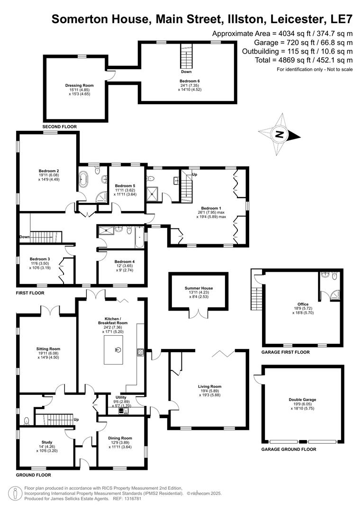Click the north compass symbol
[x=280, y=134]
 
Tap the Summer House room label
[x=199, y=288]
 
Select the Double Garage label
[x=302, y=400]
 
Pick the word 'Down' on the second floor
[x=186, y=72]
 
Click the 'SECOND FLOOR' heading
[x=59, y=127]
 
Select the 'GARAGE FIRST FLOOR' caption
[x=285, y=352]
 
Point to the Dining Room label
[x=120, y=438]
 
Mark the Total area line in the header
[x=297, y=60]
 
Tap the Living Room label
[x=209, y=386]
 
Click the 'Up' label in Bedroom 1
[x=194, y=174]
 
